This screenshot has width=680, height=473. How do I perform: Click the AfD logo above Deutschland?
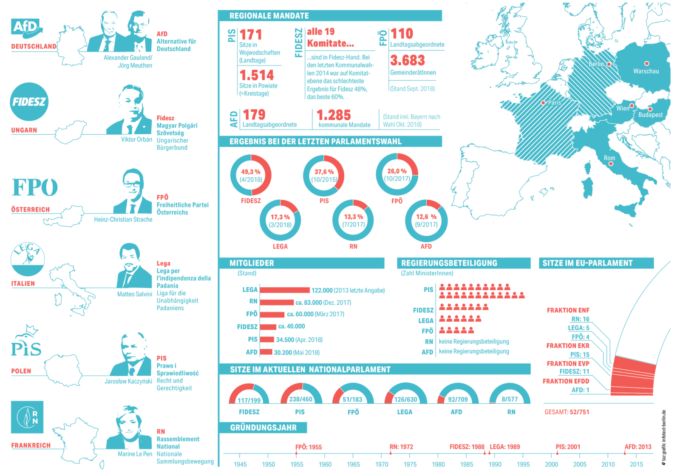click(27, 28)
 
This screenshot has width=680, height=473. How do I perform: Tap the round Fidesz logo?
click(29, 102)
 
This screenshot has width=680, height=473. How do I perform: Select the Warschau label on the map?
click(646, 71)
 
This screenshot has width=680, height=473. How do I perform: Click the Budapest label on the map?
click(650, 115)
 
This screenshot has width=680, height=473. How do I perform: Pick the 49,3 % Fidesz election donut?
click(251, 175)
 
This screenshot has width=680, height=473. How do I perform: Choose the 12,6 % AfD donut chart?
click(426, 221)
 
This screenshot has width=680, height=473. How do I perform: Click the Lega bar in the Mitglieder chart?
click(285, 290)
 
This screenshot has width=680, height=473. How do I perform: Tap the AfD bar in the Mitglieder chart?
click(266, 352)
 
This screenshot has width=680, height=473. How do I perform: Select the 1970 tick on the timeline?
click(382, 464)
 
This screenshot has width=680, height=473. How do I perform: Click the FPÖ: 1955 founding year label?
click(309, 447)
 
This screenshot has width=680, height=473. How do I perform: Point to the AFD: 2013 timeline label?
click(637, 447)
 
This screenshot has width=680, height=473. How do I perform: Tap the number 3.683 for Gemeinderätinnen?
click(408, 60)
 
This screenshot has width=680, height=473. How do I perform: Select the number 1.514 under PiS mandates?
click(257, 75)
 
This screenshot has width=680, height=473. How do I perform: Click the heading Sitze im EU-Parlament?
click(587, 263)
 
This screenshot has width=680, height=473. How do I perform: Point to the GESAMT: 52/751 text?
click(567, 412)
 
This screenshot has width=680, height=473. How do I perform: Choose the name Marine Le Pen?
click(135, 454)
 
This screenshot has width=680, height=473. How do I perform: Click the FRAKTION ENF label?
click(568, 310)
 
